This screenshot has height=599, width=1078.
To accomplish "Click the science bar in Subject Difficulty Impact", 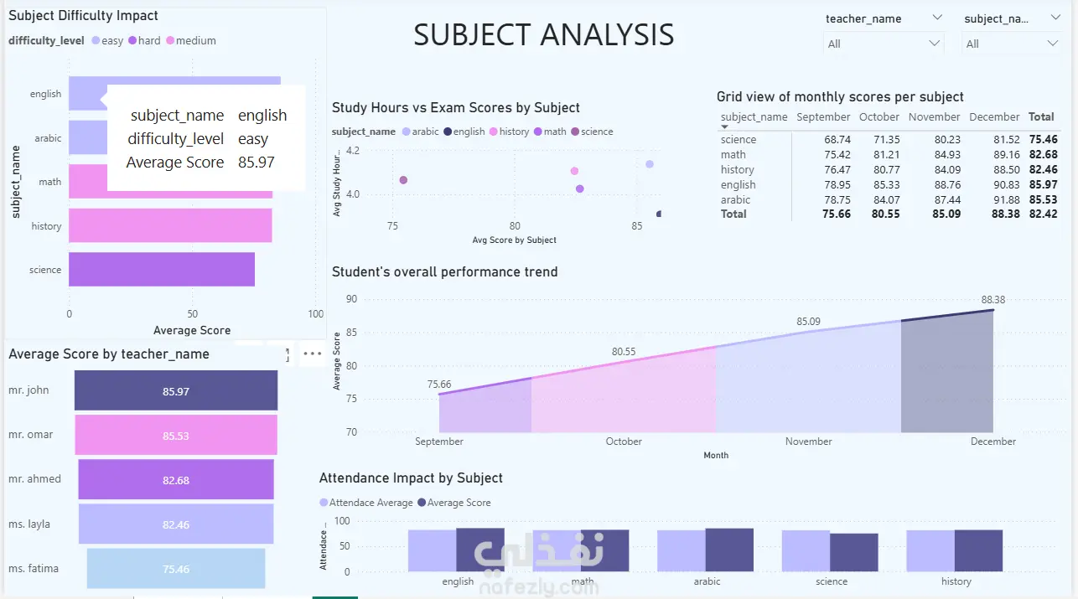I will [x=161, y=270].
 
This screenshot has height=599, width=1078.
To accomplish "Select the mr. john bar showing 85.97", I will [x=176, y=390].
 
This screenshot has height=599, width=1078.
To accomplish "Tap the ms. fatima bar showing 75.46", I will [x=176, y=569].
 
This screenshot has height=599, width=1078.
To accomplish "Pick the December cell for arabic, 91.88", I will [x=1004, y=199].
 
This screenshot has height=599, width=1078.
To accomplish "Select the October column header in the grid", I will [x=878, y=117].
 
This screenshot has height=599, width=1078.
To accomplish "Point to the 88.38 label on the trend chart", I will [x=992, y=300].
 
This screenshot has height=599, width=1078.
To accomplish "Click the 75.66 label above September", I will [x=438, y=385].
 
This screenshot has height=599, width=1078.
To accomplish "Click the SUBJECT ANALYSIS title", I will [x=543, y=35].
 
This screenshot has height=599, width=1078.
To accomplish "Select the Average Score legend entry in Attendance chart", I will [x=458, y=503].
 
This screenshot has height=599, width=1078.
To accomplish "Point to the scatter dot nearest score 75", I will [x=403, y=180].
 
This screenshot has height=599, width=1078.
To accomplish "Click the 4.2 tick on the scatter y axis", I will [x=352, y=151].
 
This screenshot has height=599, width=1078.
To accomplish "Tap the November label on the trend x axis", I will [x=808, y=442].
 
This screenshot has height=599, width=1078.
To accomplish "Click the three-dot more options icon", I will [x=313, y=354].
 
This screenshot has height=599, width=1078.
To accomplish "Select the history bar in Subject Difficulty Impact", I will [x=170, y=225].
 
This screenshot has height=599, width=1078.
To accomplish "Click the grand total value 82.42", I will [x=1043, y=214].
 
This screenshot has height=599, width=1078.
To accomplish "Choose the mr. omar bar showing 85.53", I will [x=176, y=435].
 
